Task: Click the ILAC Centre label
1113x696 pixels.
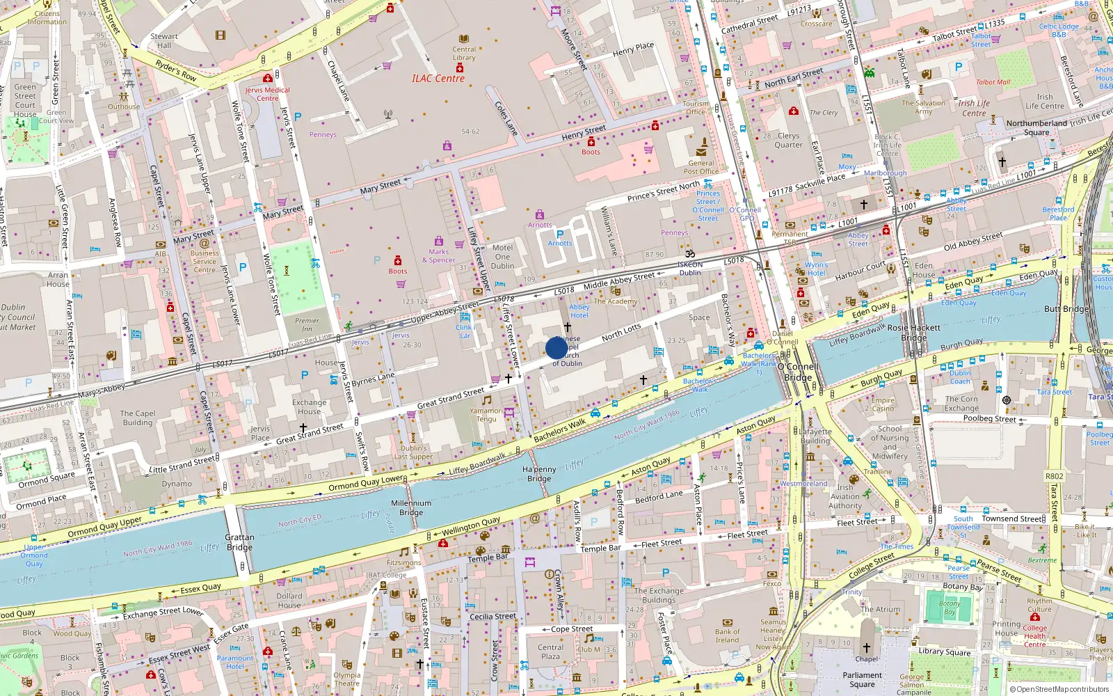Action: [438, 79]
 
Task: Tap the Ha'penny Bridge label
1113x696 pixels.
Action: [539, 474]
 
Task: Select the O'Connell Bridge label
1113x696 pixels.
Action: [798, 372]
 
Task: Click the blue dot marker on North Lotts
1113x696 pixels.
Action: [556, 348]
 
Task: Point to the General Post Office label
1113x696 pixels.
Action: [700, 167]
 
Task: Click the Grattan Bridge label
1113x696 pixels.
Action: [239, 542]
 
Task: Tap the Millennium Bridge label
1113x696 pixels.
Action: [411, 507]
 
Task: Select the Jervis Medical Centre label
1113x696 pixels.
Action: [267, 94]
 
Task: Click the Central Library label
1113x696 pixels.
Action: [464, 54]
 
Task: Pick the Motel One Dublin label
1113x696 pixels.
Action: [502, 257]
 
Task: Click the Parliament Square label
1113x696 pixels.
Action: [862, 679]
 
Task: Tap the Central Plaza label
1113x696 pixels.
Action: [550, 651]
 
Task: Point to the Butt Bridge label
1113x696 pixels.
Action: [1066, 308]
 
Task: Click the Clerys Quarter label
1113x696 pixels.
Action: [788, 141]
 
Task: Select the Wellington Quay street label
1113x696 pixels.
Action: [471, 526]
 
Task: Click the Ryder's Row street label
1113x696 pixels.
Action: [176, 70]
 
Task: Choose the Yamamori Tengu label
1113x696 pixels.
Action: [486, 415]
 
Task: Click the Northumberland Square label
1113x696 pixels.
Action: [1036, 128]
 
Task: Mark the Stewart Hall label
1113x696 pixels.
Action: [164, 40]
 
